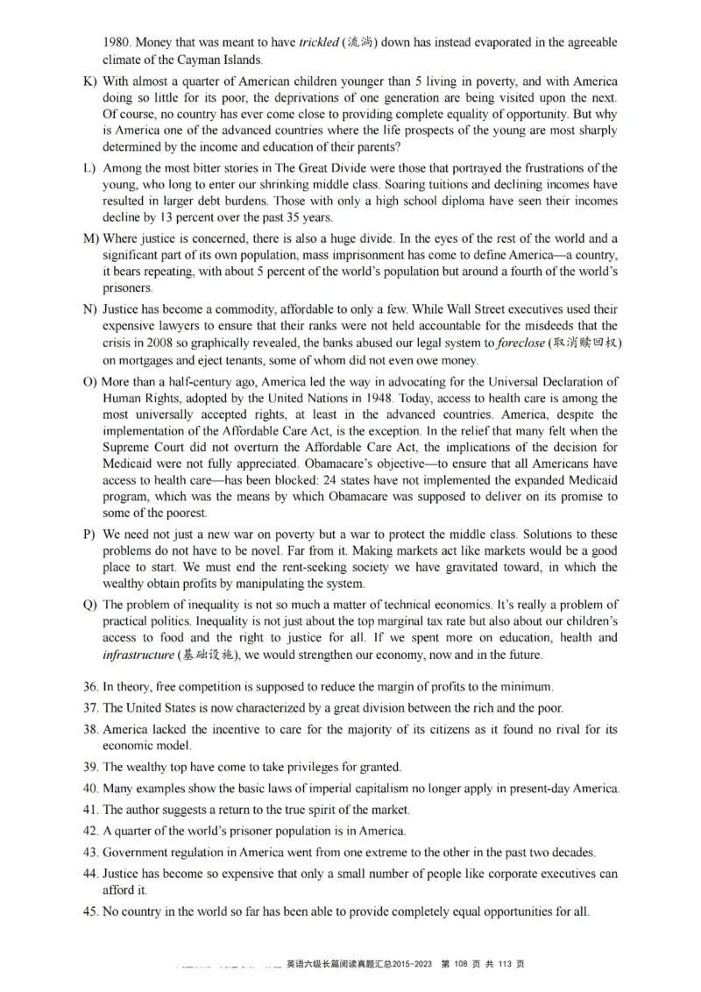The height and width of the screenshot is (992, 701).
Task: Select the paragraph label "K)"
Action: coord(89,81)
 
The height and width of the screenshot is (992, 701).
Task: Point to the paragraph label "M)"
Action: coord(90,239)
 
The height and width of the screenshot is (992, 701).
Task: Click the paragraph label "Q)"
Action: coord(89,605)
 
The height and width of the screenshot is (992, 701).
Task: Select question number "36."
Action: coord(90,686)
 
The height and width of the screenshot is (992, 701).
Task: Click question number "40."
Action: coord(90,789)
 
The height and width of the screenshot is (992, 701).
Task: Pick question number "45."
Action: coord(90,911)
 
